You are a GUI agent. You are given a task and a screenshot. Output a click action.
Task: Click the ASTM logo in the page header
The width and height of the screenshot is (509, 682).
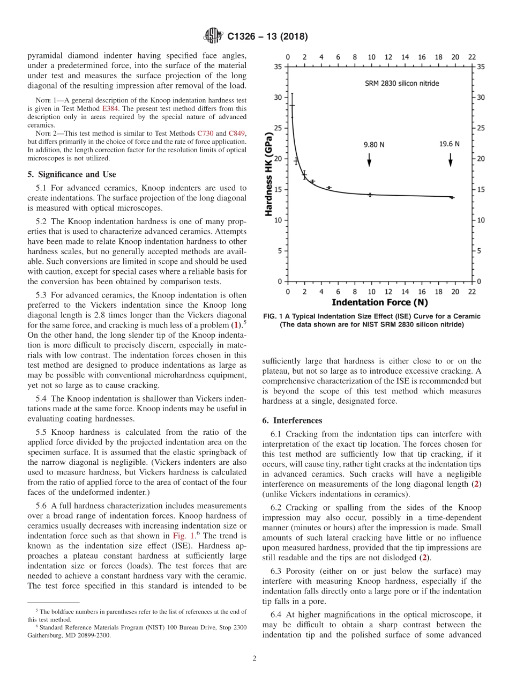[x=213, y=36]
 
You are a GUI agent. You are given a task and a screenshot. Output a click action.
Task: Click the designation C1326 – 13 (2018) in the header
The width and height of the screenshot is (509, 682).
[x=267, y=37]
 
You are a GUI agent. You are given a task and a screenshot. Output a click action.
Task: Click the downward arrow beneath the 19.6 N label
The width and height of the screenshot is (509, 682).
[x=451, y=160]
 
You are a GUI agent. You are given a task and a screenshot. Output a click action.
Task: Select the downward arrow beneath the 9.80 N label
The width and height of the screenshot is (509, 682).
[x=370, y=160]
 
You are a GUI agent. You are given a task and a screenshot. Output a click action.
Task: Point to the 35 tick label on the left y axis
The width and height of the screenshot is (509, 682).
[x=278, y=66]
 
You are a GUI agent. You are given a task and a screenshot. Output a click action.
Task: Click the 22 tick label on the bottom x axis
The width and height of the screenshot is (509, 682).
[x=472, y=292]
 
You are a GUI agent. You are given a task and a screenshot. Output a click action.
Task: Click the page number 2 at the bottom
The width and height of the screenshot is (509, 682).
[x=254, y=658]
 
